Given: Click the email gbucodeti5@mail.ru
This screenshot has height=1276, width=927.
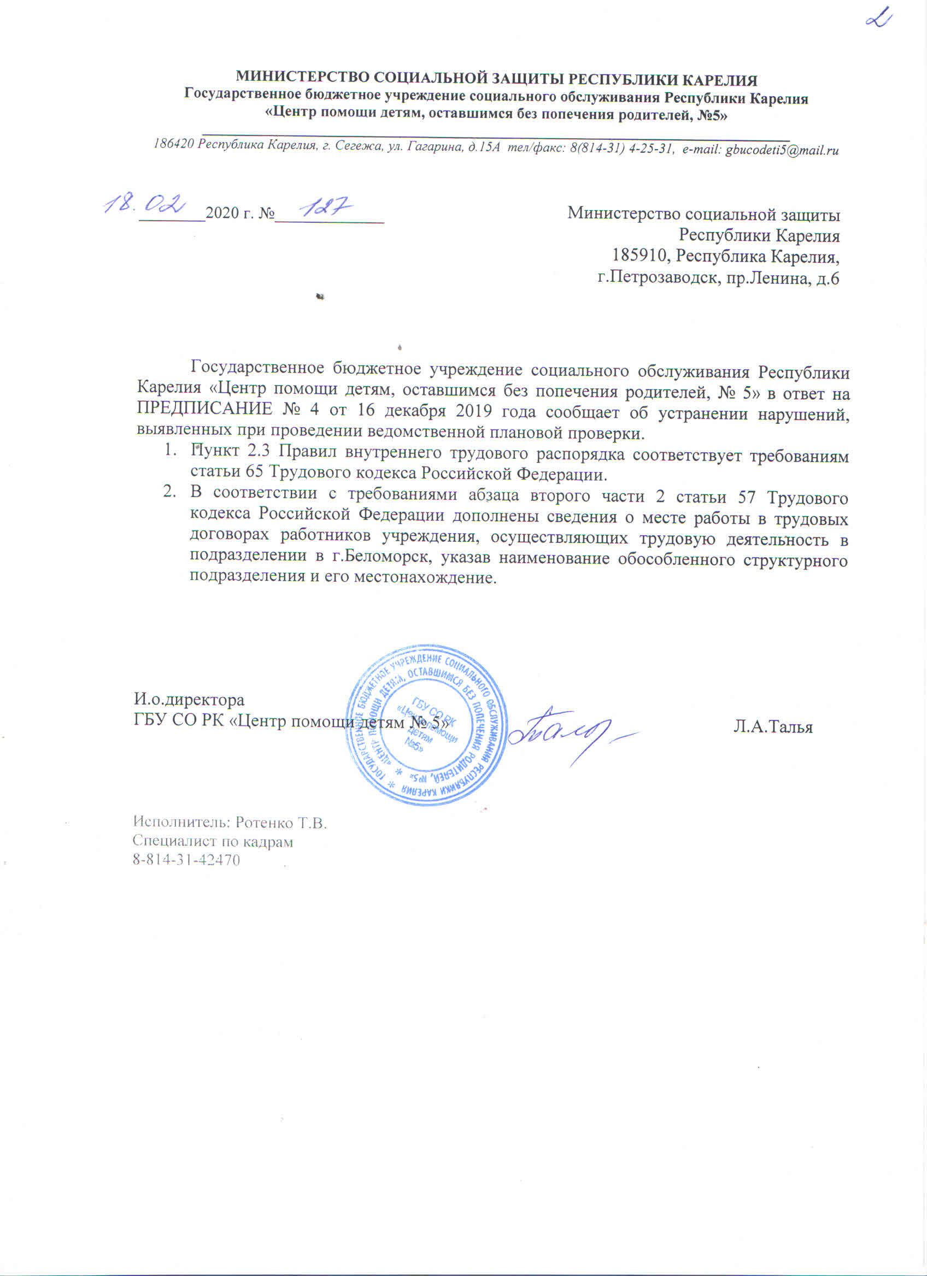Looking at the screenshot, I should (782, 150).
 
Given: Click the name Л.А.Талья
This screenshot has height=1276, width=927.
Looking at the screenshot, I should (773, 727).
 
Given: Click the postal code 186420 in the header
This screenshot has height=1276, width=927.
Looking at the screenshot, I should (174, 144).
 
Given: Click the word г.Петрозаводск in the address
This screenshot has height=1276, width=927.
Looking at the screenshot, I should (656, 277).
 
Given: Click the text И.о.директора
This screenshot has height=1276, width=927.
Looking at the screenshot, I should (189, 700).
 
